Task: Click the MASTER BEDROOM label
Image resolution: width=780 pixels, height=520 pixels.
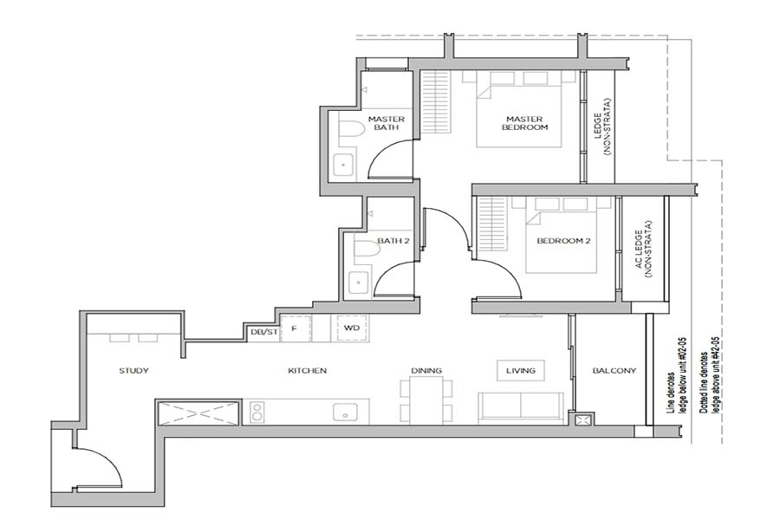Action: (525, 123)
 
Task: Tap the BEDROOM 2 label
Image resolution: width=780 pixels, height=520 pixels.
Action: (563, 241)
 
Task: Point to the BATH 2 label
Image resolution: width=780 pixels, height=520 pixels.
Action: (393, 241)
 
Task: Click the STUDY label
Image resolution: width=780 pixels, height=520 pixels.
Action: (133, 371)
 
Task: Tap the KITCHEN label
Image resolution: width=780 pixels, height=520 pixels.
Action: (307, 371)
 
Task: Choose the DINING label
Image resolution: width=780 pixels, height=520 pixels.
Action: (426, 371)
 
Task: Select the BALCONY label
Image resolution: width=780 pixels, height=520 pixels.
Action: (614, 371)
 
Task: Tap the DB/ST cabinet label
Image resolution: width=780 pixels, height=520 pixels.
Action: (263, 330)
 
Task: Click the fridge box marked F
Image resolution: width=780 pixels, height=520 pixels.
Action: (295, 329)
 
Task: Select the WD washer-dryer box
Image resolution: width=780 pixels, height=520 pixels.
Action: (351, 329)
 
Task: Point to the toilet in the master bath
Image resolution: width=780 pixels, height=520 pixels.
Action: (351, 132)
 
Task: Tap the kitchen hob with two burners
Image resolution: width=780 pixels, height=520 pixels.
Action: (257, 413)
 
